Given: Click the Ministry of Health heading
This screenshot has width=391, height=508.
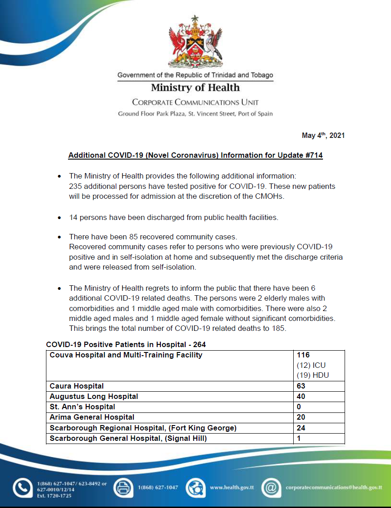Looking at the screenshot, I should pos(195,87).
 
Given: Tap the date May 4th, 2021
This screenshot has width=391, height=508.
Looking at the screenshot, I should pos(323,136).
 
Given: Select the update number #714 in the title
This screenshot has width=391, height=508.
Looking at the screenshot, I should pos(314,156).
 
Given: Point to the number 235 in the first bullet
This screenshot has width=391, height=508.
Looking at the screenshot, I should pos(75,186).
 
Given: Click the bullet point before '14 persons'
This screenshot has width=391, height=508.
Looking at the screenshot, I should pos(59,218).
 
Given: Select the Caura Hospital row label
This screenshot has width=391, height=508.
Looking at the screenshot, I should pos(77,386).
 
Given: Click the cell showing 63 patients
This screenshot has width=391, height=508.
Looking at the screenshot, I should pos(301,386).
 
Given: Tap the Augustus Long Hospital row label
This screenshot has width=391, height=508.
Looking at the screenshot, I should pos(94,396).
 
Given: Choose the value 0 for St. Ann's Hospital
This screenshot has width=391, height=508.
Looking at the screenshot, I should pos(299,407).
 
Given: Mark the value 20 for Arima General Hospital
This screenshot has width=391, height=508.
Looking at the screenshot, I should pos(301,417).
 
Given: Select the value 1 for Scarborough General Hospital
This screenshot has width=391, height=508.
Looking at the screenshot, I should pos(299,438).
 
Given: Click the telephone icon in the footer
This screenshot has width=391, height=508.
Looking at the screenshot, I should pos(21,488).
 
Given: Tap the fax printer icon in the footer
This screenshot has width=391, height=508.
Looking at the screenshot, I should pos(122,488).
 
